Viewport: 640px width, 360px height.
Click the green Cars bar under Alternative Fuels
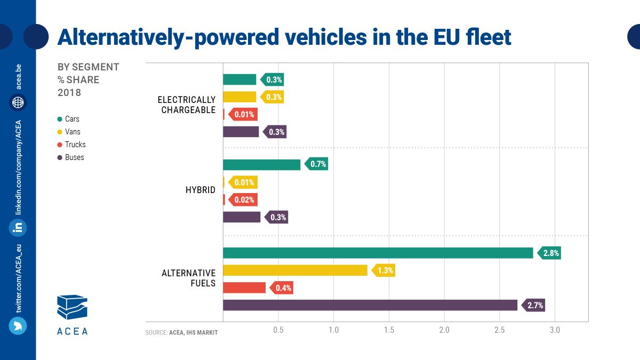click(378, 253)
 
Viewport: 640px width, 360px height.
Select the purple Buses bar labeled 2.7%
click(370, 305)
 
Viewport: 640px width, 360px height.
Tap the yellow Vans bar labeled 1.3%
click(295, 270)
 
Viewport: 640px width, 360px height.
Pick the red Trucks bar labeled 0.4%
click(244, 288)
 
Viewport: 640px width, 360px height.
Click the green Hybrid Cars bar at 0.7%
click(261, 164)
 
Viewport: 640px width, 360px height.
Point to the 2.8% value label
click(550, 253)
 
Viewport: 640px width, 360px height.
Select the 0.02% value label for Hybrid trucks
click(244, 200)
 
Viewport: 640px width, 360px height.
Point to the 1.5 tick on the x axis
click(389, 330)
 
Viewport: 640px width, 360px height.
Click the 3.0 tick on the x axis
click(555, 330)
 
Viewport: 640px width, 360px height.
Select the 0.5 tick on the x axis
click(278, 330)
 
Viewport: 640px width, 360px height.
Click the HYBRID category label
click(201, 190)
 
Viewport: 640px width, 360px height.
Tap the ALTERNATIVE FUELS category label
click(189, 278)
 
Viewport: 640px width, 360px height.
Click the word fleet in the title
click(488, 37)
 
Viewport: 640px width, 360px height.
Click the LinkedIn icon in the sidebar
click(18, 228)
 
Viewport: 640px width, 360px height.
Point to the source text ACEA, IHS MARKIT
click(193, 333)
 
